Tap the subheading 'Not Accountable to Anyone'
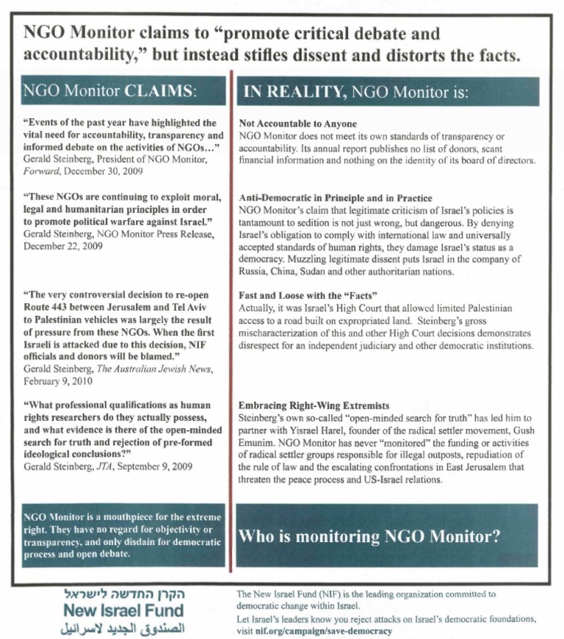click(298, 124)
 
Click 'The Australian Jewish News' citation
click(148, 369)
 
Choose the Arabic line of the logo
click(123, 629)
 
